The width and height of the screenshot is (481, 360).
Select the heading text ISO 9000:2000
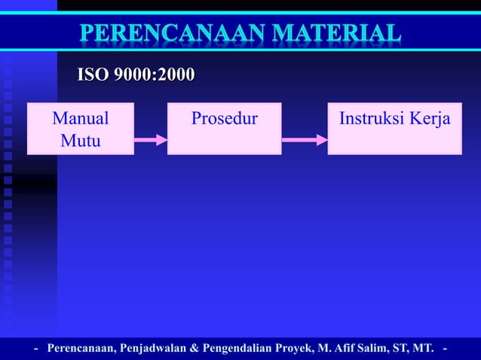point(136,75)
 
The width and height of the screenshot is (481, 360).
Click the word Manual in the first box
point(80,119)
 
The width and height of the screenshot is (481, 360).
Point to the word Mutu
point(80,139)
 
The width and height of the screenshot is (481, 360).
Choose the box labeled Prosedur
point(224,128)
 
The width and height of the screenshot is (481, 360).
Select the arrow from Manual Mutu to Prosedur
point(150,139)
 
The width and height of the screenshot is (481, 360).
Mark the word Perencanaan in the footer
point(79,349)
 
